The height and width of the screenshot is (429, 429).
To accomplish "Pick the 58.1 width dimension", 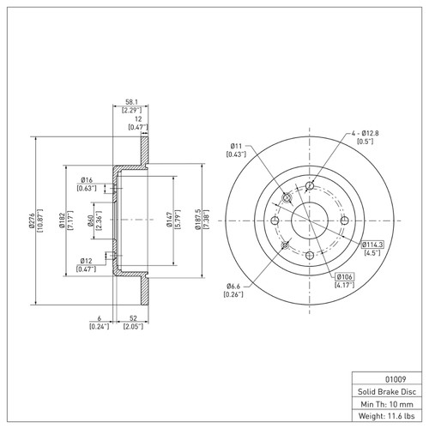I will click(x=131, y=100).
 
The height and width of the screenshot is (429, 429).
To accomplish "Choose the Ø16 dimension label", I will click(x=87, y=178).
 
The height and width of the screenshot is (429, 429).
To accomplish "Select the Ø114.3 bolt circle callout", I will click(x=372, y=244).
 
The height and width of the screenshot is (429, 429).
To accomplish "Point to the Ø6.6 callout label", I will click(x=233, y=286).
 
